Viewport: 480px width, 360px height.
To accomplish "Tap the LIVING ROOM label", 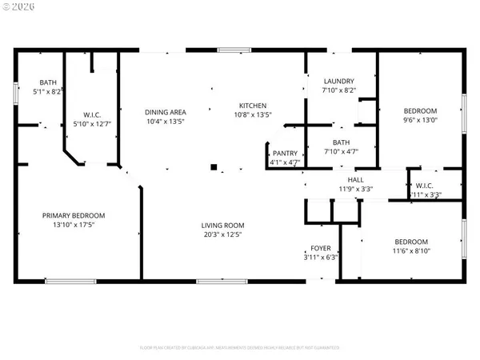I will coord(222,226).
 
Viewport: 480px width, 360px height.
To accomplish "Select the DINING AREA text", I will coord(165,111).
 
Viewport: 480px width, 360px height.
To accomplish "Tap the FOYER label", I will coord(321,249).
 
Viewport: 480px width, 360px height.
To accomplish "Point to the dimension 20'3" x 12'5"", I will coord(222,235).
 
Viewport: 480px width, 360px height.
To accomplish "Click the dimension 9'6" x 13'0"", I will coord(420,120).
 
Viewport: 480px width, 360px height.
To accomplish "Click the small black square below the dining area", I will coord(213,167).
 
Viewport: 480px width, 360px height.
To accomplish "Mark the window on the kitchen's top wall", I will coord(234,50).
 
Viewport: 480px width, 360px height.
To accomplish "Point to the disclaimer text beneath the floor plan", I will coord(240,348).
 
